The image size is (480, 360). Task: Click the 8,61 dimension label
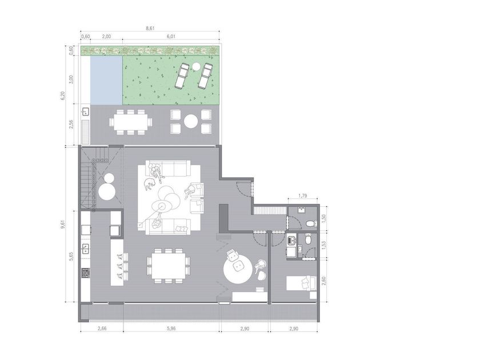(150, 28)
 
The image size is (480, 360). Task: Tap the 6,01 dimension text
(171, 37)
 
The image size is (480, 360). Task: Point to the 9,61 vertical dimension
(63, 224)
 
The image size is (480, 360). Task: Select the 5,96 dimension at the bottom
(171, 329)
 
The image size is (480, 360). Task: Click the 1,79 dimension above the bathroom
(302, 195)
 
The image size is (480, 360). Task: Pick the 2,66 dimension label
(102, 329)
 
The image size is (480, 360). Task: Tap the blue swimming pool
(106, 80)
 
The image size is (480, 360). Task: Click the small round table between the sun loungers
(196, 66)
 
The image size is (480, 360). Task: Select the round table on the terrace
(191, 122)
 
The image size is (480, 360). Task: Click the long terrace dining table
(131, 122)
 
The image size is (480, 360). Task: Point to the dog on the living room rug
(150, 185)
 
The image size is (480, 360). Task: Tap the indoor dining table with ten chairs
(169, 266)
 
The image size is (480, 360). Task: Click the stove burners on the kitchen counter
(85, 273)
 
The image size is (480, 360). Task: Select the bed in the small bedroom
(301, 283)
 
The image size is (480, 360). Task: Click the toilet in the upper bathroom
(311, 223)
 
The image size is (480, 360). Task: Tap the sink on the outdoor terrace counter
(85, 111)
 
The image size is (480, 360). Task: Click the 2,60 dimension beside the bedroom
(324, 281)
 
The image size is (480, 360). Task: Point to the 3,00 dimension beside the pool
(71, 79)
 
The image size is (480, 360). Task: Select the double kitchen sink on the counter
(85, 249)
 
